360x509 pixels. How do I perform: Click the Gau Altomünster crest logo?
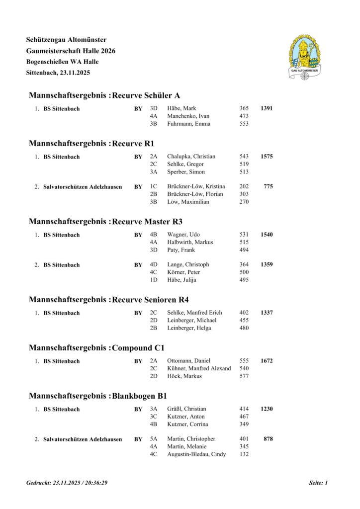(304, 57)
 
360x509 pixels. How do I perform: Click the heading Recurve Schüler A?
(146, 95)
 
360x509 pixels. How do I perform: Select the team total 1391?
(266, 108)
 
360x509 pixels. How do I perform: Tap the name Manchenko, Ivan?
(188, 116)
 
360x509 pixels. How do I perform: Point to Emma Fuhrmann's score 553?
(244, 124)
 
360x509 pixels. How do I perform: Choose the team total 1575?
(266, 156)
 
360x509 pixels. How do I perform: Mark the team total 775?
(268, 186)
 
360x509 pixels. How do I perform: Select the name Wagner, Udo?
(183, 234)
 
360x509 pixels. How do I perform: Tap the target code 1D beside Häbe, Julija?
(154, 280)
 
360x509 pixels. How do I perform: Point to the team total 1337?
(266, 312)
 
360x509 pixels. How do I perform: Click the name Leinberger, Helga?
(191, 328)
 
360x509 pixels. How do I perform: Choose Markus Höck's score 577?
(244, 376)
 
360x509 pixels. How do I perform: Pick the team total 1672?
(266, 360)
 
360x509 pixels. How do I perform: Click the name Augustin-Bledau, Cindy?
(196, 454)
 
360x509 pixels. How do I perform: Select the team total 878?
(268, 438)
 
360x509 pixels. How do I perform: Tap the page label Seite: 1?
(318, 483)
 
